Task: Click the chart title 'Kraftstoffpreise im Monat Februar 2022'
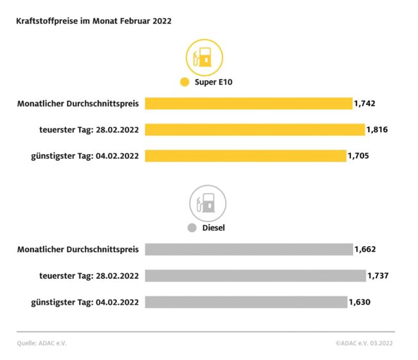pos(94,21)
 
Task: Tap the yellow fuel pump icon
pos(204,58)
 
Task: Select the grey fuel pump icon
pos(206,203)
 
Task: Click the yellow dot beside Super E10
pos(185,82)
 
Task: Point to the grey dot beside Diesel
pos(191,228)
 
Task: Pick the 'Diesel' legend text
pos(214,228)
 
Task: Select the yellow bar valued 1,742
pos(248,104)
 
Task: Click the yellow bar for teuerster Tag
pos(255,130)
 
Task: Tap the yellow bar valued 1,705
pos(245,156)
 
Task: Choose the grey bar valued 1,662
pos(249,249)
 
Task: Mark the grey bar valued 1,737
pos(255,276)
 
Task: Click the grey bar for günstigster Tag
pos(246,301)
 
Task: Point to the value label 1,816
pos(377,130)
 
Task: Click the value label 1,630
pos(360,301)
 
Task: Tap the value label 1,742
pos(365,104)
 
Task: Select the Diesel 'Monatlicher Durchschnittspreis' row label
pos(78,249)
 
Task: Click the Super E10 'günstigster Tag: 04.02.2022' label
pos(85,156)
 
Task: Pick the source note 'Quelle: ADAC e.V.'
pos(42,343)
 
